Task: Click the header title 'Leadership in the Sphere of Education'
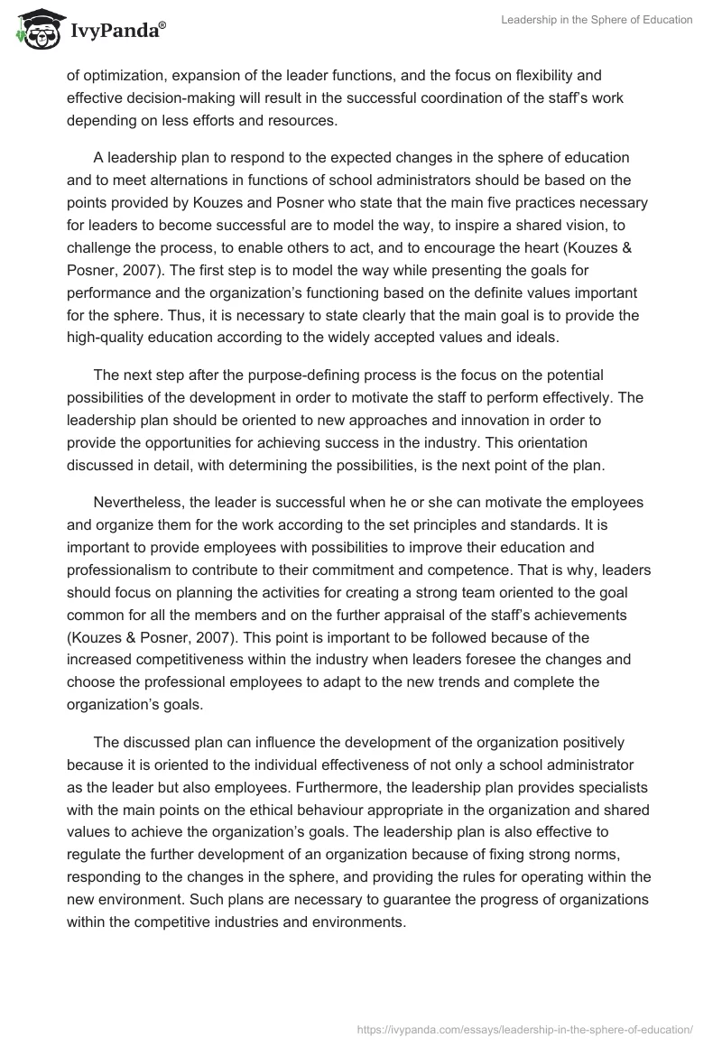pyautogui.click(x=597, y=20)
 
